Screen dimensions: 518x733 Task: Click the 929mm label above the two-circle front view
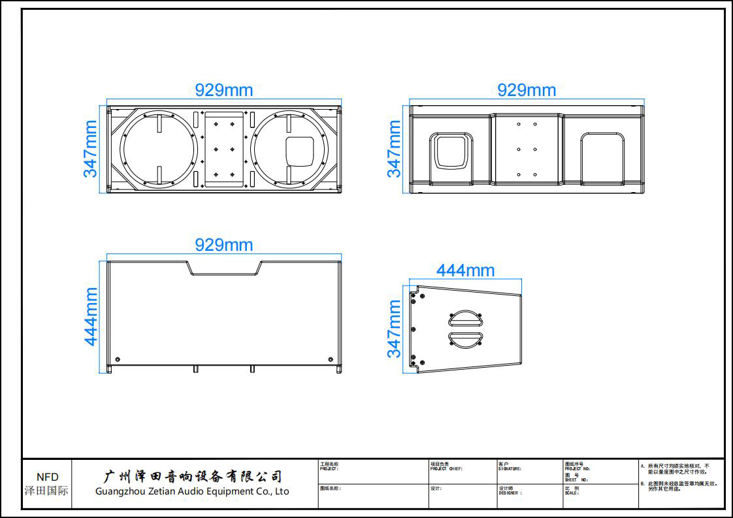pyautogui.click(x=223, y=90)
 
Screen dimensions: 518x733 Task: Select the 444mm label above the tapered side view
pyautogui.click(x=465, y=270)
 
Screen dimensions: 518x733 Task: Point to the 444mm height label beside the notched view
pyautogui.click(x=91, y=316)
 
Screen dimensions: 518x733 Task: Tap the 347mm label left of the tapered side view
pyautogui.click(x=394, y=329)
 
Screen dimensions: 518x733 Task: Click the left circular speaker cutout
pyautogui.click(x=159, y=149)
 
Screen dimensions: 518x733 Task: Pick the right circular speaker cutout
pyautogui.click(x=289, y=149)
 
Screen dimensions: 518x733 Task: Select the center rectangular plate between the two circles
pyautogui.click(x=224, y=149)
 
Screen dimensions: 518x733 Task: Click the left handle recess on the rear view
pyautogui.click(x=451, y=152)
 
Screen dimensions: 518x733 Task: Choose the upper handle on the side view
pyautogui.click(x=464, y=319)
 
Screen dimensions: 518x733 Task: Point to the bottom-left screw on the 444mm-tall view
pyautogui.click(x=118, y=360)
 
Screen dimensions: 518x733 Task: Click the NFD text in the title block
pyautogui.click(x=47, y=477)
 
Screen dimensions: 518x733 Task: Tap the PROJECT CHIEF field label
pyautogui.click(x=446, y=469)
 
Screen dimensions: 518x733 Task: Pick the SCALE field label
pyautogui.click(x=572, y=493)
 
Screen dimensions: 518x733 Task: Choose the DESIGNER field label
pyautogui.click(x=510, y=493)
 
